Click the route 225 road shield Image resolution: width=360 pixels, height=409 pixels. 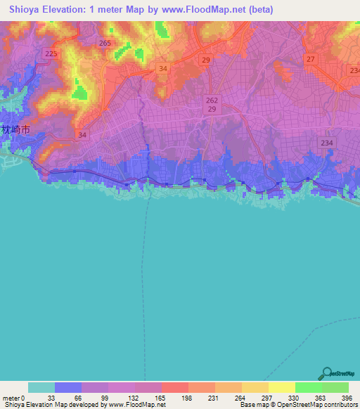tap(51, 53)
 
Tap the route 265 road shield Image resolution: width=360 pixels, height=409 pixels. tap(105, 44)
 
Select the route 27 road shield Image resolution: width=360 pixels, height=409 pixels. tap(310, 59)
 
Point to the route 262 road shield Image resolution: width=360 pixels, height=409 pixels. tap(212, 100)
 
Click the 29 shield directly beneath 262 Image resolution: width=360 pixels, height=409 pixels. tap(212, 111)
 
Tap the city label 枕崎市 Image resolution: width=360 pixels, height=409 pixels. tap(16, 130)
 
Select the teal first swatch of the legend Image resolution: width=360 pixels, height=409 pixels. tap(41, 387)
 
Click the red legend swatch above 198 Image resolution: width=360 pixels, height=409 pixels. tap(174, 387)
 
